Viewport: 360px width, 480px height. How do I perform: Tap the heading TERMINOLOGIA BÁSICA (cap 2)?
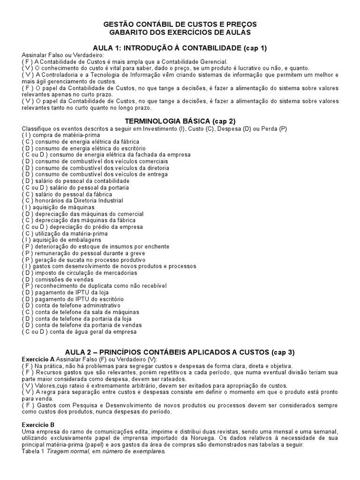tap(180, 121)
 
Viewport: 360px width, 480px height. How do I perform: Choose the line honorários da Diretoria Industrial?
tap(72, 201)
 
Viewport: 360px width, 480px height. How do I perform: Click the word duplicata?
tap(92, 286)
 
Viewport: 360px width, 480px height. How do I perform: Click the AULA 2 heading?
tap(180, 352)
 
